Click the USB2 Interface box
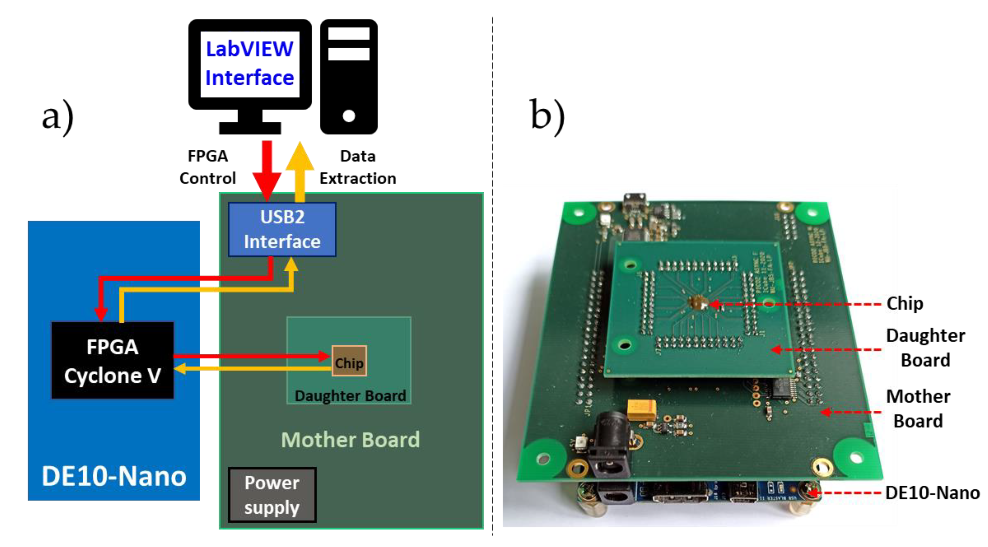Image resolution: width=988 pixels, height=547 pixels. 282,230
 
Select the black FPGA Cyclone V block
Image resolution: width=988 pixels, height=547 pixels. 112,361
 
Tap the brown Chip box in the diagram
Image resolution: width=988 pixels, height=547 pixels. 349,361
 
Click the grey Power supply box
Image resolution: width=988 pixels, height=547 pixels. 272,495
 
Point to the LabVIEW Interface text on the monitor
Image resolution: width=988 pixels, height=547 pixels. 250,63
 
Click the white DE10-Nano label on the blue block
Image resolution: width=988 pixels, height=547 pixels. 114,476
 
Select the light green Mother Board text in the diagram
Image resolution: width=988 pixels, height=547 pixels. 350,440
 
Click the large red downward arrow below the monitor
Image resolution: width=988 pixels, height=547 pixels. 267,169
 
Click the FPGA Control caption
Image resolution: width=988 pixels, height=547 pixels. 208,167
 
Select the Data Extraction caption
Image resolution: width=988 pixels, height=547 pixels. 357,167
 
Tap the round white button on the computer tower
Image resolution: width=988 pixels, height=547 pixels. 349,115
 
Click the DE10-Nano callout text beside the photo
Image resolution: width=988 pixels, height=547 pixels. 932,493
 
